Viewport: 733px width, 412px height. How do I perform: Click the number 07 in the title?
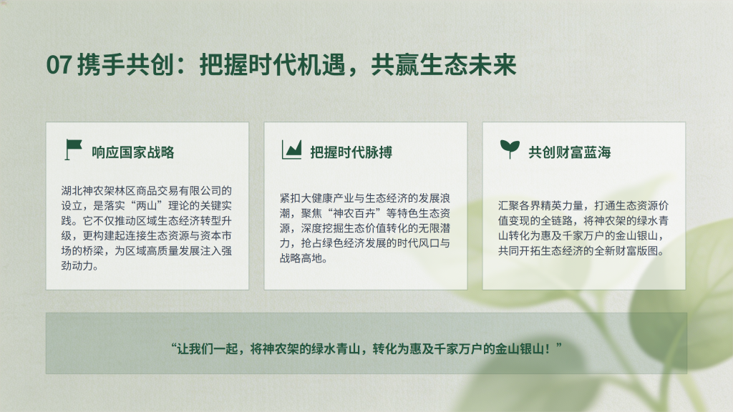pyautogui.click(x=59, y=64)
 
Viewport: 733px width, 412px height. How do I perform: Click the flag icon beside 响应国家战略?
pyautogui.click(x=74, y=149)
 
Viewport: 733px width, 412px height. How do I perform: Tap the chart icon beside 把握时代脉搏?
pyautogui.click(x=292, y=149)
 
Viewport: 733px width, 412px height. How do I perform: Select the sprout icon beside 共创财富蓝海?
pyautogui.click(x=510, y=149)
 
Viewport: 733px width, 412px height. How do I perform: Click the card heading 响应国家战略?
pyautogui.click(x=132, y=152)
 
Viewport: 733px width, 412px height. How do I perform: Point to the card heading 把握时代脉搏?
pyautogui.click(x=351, y=152)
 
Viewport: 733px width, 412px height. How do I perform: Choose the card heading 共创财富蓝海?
pyautogui.click(x=569, y=152)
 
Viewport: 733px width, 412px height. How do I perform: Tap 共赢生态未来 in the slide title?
pyautogui.click(x=444, y=64)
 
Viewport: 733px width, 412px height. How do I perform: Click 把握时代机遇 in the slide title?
pyautogui.click(x=272, y=64)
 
